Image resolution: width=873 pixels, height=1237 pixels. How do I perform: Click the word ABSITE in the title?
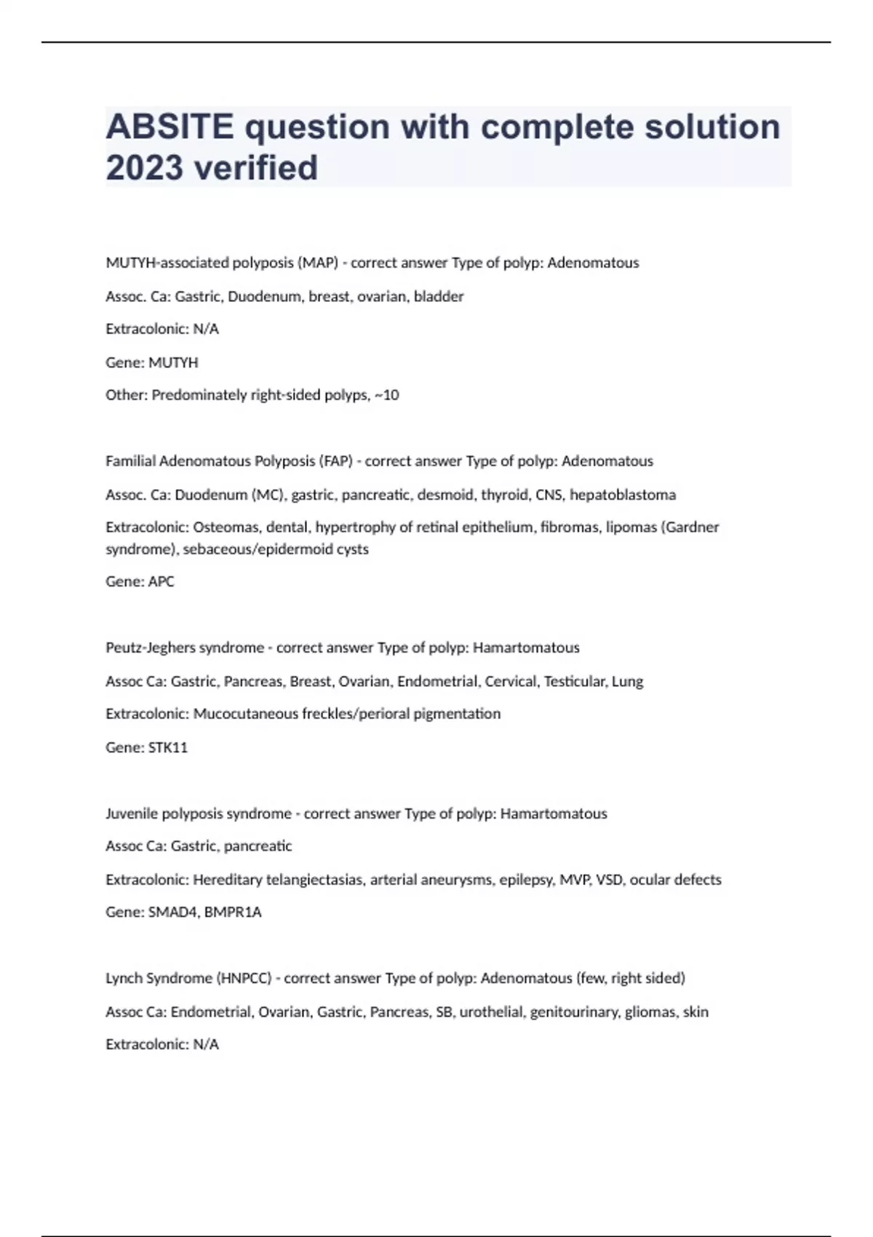(170, 127)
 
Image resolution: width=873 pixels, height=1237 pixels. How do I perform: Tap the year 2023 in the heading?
(144, 168)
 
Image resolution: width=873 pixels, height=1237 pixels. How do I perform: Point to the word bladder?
(439, 296)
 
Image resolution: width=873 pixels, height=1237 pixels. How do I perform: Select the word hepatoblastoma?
(623, 495)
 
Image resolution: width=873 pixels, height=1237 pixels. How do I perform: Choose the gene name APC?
(161, 581)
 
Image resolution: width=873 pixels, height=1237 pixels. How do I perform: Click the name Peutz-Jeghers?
(151, 648)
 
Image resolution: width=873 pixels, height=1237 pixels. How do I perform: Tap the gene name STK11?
(167, 747)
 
